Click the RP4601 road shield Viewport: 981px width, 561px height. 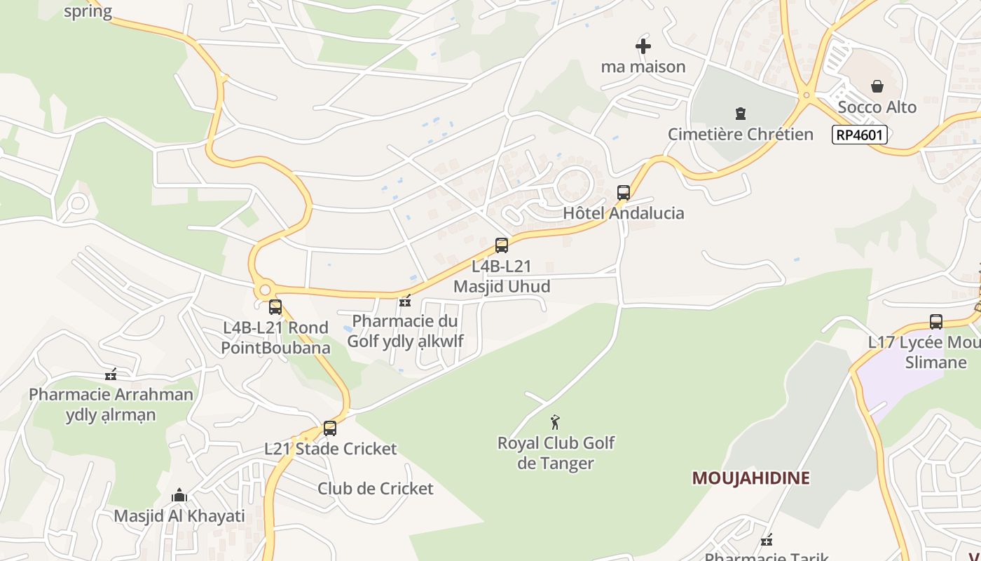[860, 135]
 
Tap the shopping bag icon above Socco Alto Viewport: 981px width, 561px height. [877, 86]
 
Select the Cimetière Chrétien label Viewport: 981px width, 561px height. [740, 134]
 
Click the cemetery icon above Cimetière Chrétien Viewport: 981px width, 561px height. [740, 114]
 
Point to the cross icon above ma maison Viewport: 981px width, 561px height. [643, 46]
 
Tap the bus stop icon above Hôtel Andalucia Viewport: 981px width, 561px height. [623, 193]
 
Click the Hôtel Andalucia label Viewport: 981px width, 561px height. [624, 213]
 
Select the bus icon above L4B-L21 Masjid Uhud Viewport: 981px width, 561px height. [502, 245]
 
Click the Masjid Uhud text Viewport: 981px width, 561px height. [502, 286]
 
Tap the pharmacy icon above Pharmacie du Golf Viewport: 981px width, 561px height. [404, 302]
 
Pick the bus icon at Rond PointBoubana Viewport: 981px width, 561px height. [275, 306]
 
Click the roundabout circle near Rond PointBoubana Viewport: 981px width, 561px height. [264, 290]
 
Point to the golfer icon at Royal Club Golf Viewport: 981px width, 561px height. [555, 422]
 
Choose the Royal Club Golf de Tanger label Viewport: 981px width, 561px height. [556, 453]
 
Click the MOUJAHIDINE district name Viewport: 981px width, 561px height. [750, 478]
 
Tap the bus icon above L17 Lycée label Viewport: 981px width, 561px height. [936, 322]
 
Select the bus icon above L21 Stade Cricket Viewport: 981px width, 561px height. [330, 428]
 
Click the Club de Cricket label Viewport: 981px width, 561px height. [376, 489]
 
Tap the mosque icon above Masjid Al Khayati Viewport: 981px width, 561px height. [179, 496]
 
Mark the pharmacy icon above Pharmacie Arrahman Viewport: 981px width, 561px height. [110, 374]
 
